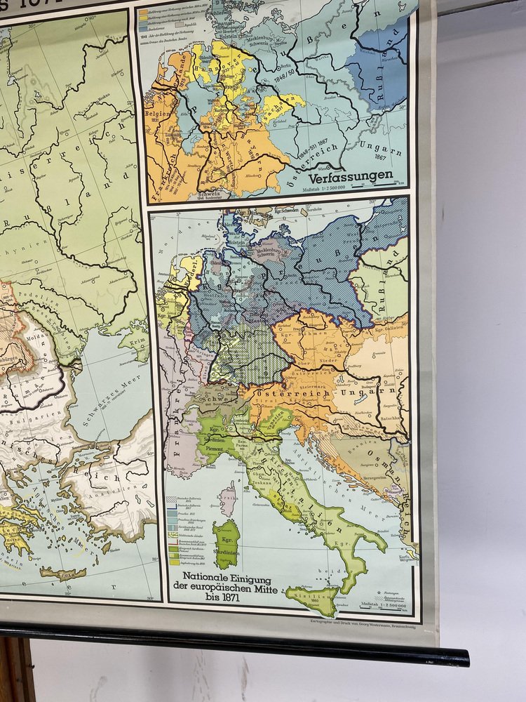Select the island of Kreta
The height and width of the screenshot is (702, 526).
(64, 574)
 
